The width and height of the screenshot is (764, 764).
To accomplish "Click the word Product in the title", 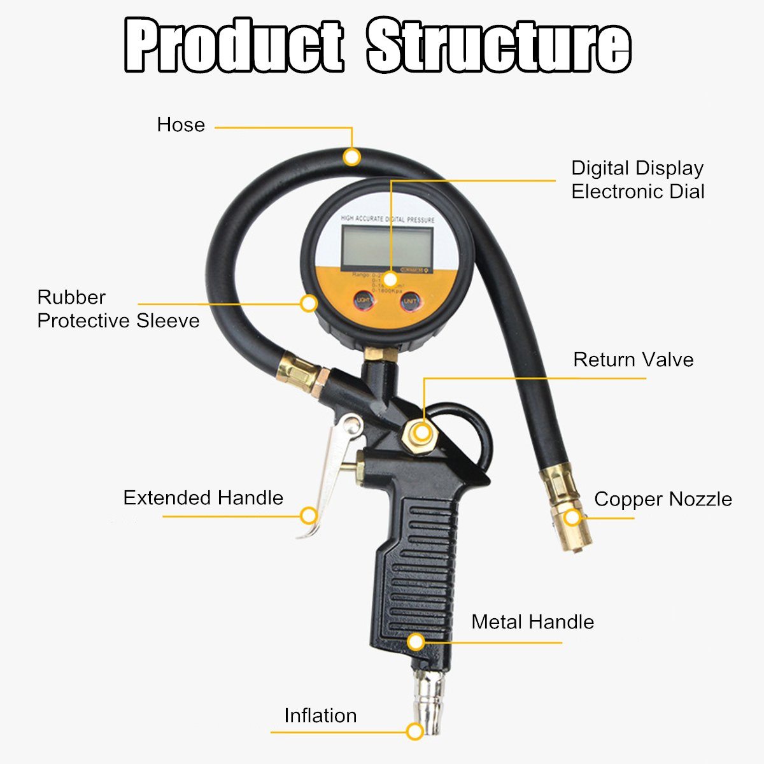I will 234,46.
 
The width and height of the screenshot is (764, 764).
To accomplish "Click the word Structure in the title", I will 499,46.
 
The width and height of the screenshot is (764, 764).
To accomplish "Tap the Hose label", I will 181,125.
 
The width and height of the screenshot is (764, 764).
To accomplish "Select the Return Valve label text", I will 633,360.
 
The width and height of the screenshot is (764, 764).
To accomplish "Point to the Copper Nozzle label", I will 663,499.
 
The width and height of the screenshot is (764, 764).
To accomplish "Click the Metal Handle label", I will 532,622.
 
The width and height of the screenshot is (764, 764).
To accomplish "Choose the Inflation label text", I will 320,716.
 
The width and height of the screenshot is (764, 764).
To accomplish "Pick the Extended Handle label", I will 203,498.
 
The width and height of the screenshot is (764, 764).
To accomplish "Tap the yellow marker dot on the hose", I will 351,157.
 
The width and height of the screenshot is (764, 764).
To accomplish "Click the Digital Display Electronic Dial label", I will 637,180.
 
